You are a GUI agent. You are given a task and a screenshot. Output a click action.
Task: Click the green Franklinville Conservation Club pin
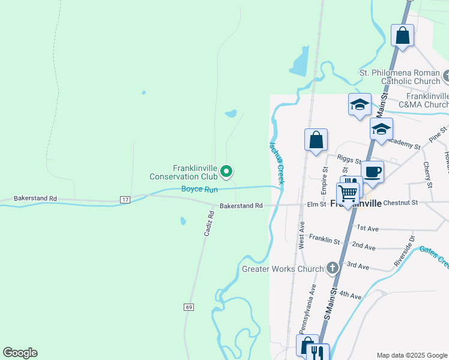pos(226,172)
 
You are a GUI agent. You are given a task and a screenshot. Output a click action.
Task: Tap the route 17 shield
pos(125,199)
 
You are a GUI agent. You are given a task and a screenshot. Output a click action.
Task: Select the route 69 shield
pos(189,307)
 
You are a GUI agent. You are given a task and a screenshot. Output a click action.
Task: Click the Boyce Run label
pos(199,190)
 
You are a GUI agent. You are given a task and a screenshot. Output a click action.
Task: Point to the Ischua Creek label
pos(277,163)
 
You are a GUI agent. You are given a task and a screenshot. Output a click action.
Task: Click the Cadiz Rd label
pos(208,226)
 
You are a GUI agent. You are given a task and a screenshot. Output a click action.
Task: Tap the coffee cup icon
pos(372,171)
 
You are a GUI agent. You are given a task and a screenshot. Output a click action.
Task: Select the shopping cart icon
pos(348,193)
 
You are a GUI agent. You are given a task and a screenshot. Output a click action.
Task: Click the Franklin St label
pos(324,241)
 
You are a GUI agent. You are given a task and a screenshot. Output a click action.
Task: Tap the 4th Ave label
pos(351,296)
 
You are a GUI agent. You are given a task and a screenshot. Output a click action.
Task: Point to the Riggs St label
pos(349,159)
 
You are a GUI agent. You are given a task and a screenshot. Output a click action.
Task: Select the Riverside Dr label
pos(404,251)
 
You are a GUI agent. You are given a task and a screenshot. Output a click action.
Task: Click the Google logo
pos(20,353)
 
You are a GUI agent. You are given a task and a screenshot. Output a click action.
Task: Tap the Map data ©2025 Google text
pos(412,355)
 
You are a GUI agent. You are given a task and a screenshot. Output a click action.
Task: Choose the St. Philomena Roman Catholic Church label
pos(400,77)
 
